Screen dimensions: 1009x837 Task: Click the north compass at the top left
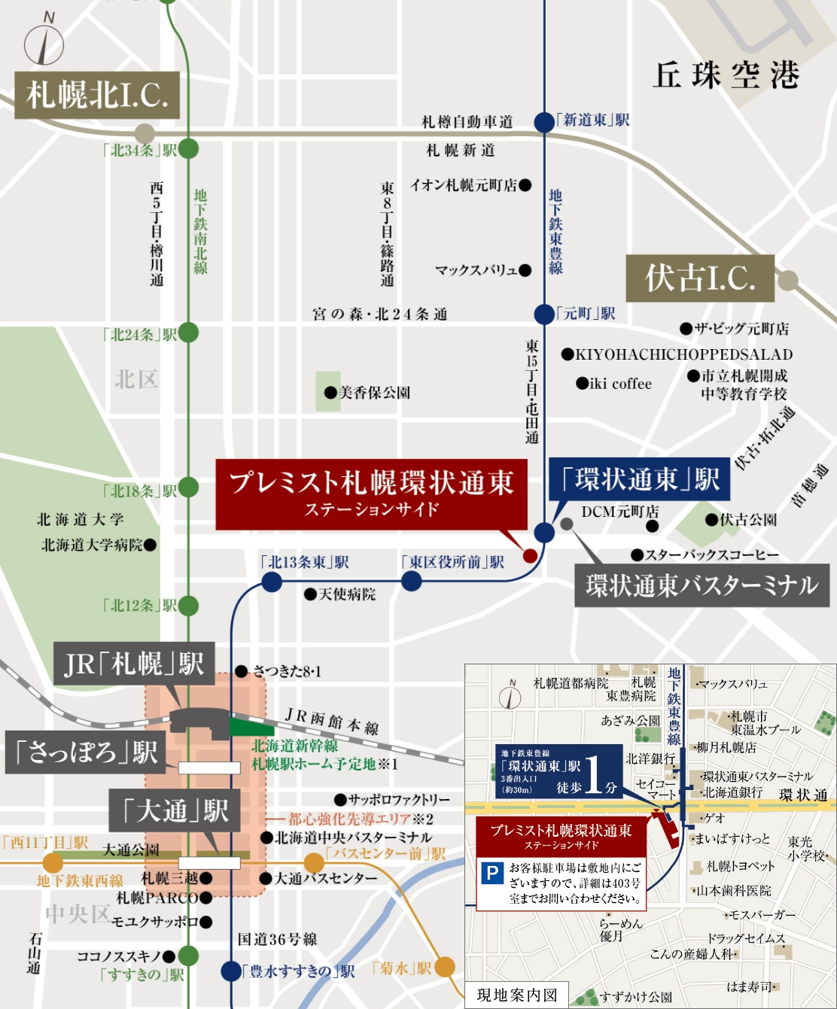pyautogui.click(x=44, y=44)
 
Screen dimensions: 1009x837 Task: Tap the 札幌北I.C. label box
pyautogui.click(x=97, y=96)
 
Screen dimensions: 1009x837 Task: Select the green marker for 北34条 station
pyautogui.click(x=188, y=149)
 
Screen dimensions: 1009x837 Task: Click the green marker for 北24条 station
pyautogui.click(x=188, y=333)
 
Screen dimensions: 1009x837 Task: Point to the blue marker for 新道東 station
pyautogui.click(x=543, y=122)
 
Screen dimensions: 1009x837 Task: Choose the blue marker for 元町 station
pyautogui.click(x=543, y=314)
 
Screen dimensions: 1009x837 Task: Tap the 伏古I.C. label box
pyautogui.click(x=700, y=278)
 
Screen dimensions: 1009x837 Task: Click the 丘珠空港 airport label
pyautogui.click(x=726, y=75)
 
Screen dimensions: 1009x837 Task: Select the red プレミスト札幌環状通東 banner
pyautogui.click(x=371, y=494)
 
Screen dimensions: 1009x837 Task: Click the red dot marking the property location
pyautogui.click(x=529, y=556)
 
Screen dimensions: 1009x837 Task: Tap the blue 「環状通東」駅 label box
pyautogui.click(x=640, y=479)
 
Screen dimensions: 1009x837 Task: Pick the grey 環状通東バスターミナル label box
pyautogui.click(x=702, y=585)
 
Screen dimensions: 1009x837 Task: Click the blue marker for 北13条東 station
pyautogui.click(x=271, y=582)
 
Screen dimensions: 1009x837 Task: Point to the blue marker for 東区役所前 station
pyautogui.click(x=411, y=581)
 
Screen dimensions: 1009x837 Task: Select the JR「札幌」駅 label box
pyautogui.click(x=134, y=664)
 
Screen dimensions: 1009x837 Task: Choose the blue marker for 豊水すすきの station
pyautogui.click(x=231, y=971)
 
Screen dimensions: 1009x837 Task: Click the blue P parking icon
pyautogui.click(x=492, y=874)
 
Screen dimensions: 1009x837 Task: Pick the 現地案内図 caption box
pyautogui.click(x=517, y=995)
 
